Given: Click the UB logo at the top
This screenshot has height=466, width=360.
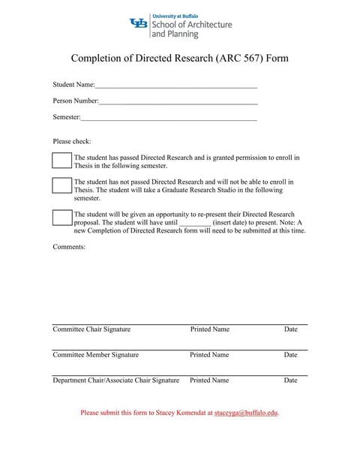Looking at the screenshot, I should [x=139, y=24].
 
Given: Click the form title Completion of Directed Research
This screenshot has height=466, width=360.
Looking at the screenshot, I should [x=179, y=59].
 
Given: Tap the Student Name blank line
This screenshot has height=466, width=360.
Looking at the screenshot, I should [x=176, y=86].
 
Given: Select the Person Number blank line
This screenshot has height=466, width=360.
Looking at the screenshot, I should [x=178, y=101].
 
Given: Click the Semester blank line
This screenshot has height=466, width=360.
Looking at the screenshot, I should [x=169, y=118].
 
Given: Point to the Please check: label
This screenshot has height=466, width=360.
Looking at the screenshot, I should [x=72, y=141].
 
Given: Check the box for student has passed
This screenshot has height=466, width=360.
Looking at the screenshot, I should [x=61, y=161].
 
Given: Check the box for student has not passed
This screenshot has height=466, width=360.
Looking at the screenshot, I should [x=61, y=185].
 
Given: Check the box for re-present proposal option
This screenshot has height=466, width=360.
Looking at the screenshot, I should [x=61, y=218].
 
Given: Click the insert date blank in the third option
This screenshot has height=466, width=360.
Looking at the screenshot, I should [x=196, y=223].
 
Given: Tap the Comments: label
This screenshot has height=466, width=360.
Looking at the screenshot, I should [x=69, y=246].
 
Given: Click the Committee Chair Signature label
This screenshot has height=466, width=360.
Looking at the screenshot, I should [x=91, y=329].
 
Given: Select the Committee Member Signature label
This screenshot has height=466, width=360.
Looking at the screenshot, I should [x=95, y=355].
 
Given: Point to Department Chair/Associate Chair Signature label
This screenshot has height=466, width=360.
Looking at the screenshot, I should [x=115, y=380].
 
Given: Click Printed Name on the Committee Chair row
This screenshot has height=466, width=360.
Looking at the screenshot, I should [x=210, y=329].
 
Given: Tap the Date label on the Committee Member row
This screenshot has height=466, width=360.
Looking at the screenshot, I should [x=290, y=355].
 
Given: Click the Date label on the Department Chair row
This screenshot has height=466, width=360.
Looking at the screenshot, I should [x=290, y=380].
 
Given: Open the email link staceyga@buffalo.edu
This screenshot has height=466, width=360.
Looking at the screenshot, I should [x=246, y=413].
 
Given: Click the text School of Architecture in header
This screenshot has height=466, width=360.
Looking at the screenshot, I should [x=192, y=25].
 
